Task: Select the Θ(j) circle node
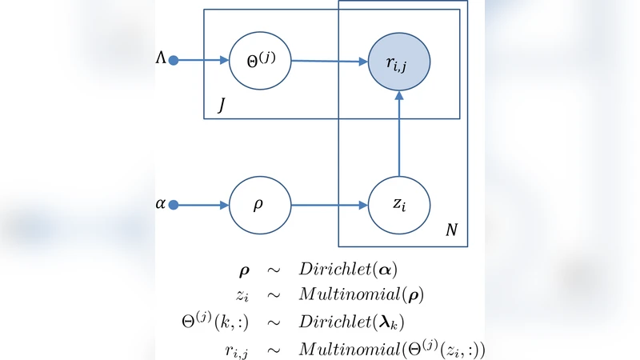point(259,61)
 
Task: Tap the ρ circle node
point(259,205)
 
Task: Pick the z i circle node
point(399,205)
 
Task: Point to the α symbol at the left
point(161,204)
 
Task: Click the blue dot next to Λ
point(174,60)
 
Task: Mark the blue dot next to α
point(174,205)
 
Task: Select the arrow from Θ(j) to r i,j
point(328,62)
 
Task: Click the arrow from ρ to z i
point(328,205)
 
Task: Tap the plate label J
point(221,105)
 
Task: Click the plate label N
point(452,230)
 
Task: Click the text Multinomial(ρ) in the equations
point(362,294)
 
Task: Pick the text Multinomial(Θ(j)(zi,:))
point(392,349)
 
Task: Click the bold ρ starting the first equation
point(244,269)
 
